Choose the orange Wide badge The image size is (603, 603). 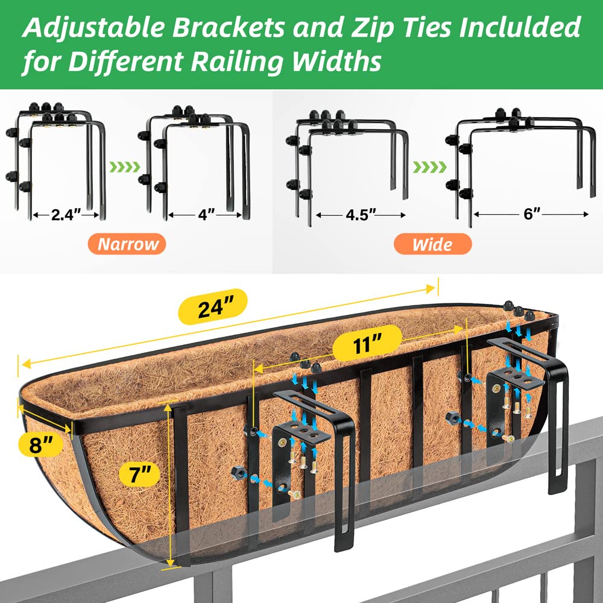coord(432,245)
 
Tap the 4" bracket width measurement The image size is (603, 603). coord(207,215)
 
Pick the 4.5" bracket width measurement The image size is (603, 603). coord(361,215)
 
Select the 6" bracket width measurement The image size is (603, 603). coord(531,214)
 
